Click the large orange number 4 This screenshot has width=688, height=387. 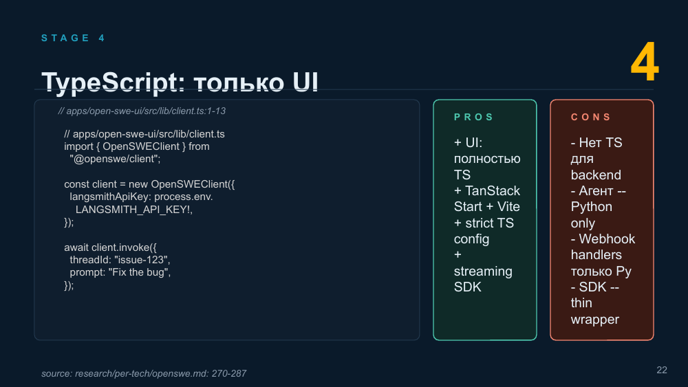645,62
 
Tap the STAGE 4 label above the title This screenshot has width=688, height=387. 73,38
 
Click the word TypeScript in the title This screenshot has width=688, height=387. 109,82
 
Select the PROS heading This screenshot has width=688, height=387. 473,117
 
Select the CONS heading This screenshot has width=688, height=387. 590,117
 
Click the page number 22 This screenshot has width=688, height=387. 662,370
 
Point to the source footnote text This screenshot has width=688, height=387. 144,373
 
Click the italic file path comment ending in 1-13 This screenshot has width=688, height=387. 142,111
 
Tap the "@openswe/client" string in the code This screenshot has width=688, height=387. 115,159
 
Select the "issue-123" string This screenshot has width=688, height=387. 142,260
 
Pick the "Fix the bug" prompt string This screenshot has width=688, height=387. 140,272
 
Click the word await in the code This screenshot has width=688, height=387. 76,247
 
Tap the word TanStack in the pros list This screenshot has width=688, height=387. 493,190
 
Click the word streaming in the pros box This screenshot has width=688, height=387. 483,272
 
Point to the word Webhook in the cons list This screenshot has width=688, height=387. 607,239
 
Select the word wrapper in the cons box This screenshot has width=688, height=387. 595,320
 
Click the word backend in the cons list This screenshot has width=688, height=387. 596,175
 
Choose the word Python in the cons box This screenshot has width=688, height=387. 592,207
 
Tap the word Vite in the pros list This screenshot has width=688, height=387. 508,206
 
